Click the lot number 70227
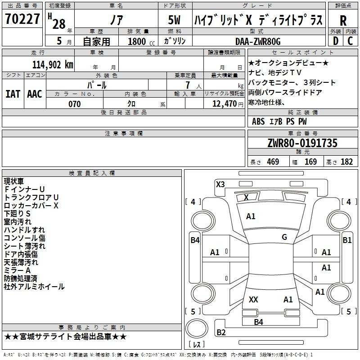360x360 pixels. pyautogui.click(x=22, y=19)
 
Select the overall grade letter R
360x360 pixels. pyautogui.click(x=343, y=21)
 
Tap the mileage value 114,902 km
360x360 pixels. pyautogui.click(x=53, y=65)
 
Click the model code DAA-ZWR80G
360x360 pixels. pyautogui.click(x=258, y=41)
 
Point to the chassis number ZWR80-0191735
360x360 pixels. pyautogui.click(x=302, y=143)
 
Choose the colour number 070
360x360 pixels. pyautogui.click(x=75, y=104)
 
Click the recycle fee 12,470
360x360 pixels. pyautogui.click(x=224, y=103)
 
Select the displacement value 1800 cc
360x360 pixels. pyautogui.click(x=141, y=41)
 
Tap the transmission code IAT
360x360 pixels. pyautogui.click(x=13, y=94)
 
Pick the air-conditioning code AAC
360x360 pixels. pyautogui.click(x=35, y=94)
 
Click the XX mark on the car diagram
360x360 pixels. pyautogui.click(x=253, y=299)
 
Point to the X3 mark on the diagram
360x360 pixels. pyautogui.click(x=220, y=184)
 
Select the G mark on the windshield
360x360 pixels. pyautogui.click(x=284, y=237)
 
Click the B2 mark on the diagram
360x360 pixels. pyautogui.click(x=221, y=332)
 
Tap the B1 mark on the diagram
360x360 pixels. pyautogui.click(x=347, y=240)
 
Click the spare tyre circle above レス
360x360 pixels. pyautogui.click(x=197, y=328)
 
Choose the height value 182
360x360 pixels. pyautogui.click(x=346, y=162)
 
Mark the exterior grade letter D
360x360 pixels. pyautogui.click(x=336, y=41)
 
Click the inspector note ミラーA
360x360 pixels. pyautogui.click(x=17, y=270)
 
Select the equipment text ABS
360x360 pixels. pyautogui.click(x=258, y=121)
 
